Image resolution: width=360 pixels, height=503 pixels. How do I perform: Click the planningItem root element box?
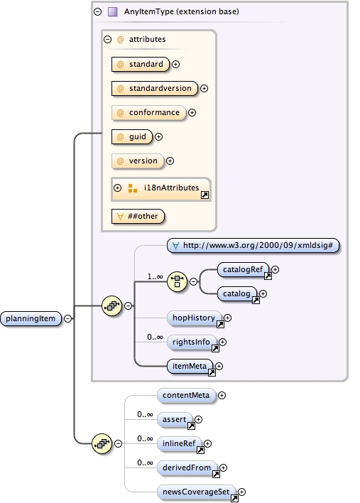(31, 318)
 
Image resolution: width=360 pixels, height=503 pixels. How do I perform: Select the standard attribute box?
(140, 65)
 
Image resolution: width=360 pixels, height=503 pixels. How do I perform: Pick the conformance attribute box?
(148, 112)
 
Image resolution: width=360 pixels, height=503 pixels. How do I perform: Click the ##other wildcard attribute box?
(137, 215)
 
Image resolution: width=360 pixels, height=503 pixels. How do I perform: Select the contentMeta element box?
(186, 395)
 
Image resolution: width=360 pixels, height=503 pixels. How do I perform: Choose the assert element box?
(174, 419)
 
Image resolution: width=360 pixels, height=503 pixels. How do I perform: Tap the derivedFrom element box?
(187, 467)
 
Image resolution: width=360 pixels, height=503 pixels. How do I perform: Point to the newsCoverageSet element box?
(197, 492)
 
